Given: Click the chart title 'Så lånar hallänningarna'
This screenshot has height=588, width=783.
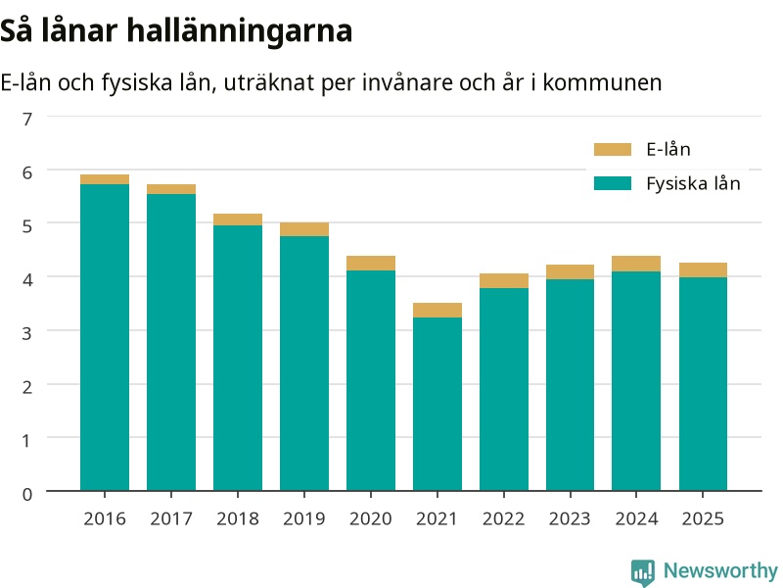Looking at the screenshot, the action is click(176, 31).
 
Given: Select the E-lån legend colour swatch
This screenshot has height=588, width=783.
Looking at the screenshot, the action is click(613, 150).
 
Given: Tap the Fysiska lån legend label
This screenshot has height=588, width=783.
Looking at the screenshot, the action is click(693, 183).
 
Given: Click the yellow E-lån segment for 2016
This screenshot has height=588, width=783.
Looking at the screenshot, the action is click(105, 179).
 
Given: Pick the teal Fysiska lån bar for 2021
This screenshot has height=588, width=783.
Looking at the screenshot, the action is click(438, 404).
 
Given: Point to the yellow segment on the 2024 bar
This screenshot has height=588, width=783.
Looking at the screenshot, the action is click(636, 264).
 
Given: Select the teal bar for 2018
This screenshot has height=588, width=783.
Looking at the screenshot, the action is click(238, 358).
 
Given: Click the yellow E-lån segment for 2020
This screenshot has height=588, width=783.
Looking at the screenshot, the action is click(371, 263).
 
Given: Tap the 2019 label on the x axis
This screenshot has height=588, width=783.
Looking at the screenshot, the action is click(304, 519).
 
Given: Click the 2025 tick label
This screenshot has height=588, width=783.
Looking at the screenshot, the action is click(703, 519).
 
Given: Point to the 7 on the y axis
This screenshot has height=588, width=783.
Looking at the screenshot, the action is click(27, 119).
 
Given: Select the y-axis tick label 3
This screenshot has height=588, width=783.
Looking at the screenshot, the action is click(27, 333).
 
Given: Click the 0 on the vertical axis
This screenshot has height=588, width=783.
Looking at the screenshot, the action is click(27, 494).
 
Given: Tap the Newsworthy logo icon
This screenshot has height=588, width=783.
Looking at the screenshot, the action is click(643, 572).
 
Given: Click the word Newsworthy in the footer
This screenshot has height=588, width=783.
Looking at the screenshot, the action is click(720, 570).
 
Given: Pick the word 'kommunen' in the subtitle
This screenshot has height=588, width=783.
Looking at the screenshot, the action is click(602, 82).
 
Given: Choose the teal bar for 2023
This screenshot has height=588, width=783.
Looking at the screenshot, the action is click(571, 385).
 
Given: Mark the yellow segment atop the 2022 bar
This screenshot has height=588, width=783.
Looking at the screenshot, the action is click(504, 281).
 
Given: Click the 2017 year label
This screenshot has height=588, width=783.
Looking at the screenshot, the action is click(171, 519).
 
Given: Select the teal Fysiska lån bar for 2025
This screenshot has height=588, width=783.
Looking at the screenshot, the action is click(703, 384).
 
